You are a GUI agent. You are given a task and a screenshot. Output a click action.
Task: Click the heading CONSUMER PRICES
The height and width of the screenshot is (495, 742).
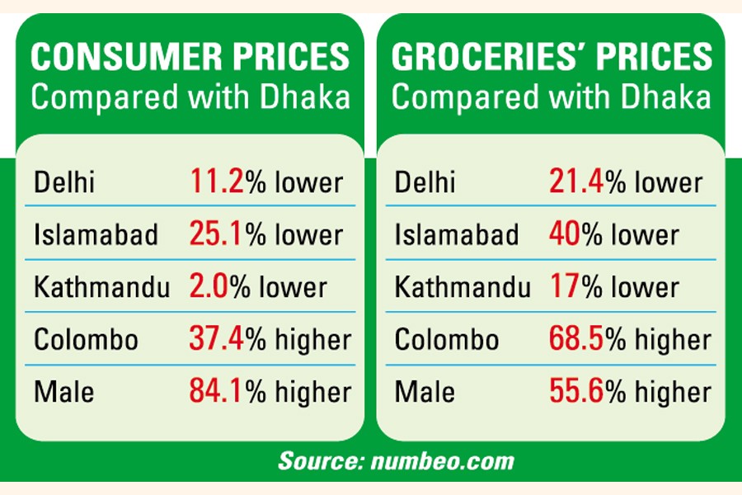tap(190, 58)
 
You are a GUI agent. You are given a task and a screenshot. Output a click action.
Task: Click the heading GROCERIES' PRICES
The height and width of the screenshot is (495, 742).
tap(552, 58)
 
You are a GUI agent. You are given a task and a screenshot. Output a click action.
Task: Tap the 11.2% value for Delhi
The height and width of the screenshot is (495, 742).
tap(217, 181)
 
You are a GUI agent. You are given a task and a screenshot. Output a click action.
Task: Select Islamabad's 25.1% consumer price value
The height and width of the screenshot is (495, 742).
tap(217, 234)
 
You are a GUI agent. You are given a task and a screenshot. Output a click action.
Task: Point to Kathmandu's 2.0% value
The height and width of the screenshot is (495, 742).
tap(209, 287)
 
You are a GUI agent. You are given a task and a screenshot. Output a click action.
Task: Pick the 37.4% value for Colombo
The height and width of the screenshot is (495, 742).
tap(217, 339)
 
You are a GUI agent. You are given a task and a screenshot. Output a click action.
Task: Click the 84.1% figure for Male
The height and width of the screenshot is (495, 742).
tap(217, 392)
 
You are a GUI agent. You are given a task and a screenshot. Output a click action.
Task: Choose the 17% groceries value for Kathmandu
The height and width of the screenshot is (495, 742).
tap(564, 287)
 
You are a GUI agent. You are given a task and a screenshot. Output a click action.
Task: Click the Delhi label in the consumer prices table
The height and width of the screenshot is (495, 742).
tap(63, 181)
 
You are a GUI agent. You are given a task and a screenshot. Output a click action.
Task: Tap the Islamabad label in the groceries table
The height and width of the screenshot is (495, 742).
tap(457, 234)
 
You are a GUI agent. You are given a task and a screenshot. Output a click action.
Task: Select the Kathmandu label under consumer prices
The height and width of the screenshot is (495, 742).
tap(101, 287)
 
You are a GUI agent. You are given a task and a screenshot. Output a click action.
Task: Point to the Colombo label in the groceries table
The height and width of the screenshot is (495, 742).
tap(447, 339)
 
